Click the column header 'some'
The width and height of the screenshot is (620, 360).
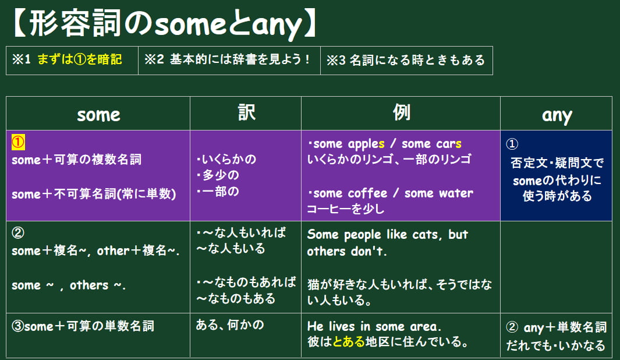98,115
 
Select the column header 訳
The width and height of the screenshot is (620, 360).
247,112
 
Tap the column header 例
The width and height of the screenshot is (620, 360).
401,112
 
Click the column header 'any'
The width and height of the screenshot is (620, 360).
557,115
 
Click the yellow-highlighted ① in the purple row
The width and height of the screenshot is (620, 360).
18,142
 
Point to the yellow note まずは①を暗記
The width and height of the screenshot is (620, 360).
80,59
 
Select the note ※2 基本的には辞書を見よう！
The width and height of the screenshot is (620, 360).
228,59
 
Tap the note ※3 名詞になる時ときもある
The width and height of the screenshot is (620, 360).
406,60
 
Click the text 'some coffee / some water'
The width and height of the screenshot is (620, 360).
390,193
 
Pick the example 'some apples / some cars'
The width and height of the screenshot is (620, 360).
385,144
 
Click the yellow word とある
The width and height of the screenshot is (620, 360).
349,341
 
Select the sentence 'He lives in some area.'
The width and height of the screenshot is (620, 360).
374,326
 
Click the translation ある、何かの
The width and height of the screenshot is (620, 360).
230,325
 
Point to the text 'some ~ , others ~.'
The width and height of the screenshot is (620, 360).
69,285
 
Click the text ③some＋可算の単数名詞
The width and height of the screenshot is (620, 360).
83,326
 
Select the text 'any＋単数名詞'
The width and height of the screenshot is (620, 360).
565,327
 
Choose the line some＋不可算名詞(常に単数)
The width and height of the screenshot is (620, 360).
94,194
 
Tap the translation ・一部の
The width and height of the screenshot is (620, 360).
218,192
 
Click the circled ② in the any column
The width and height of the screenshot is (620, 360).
512,327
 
